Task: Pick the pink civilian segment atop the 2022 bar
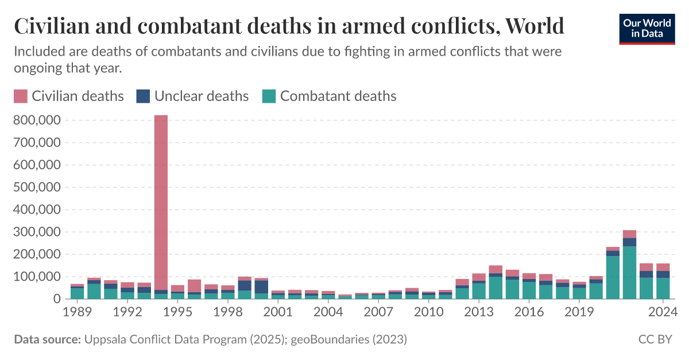point(629,234)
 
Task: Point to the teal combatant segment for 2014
point(496,288)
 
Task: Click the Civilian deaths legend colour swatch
point(20,96)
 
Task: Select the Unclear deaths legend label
point(201,96)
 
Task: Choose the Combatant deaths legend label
point(338,96)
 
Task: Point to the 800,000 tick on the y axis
point(37,121)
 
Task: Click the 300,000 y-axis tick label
point(37,232)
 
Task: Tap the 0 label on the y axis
point(56,299)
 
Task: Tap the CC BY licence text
point(655,340)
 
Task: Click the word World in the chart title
point(536,26)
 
